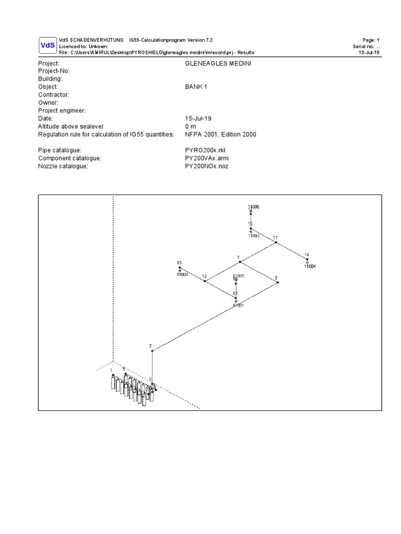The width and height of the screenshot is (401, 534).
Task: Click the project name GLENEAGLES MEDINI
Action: click(207, 63)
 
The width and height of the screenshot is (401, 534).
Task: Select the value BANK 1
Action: click(196, 87)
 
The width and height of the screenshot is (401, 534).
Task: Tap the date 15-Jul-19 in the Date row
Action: click(198, 118)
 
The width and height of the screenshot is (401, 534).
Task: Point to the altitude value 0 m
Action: click(190, 127)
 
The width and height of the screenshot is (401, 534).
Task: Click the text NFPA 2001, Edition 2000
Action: click(220, 135)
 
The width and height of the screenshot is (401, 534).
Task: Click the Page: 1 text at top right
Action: click(371, 40)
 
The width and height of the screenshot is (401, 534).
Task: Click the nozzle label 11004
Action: click(310, 266)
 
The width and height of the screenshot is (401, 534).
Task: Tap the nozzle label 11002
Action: click(182, 274)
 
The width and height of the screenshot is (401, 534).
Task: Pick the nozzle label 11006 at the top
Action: click(253, 207)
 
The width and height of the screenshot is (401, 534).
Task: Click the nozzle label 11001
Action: click(238, 305)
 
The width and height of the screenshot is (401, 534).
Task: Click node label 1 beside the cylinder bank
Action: click(111, 370)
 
